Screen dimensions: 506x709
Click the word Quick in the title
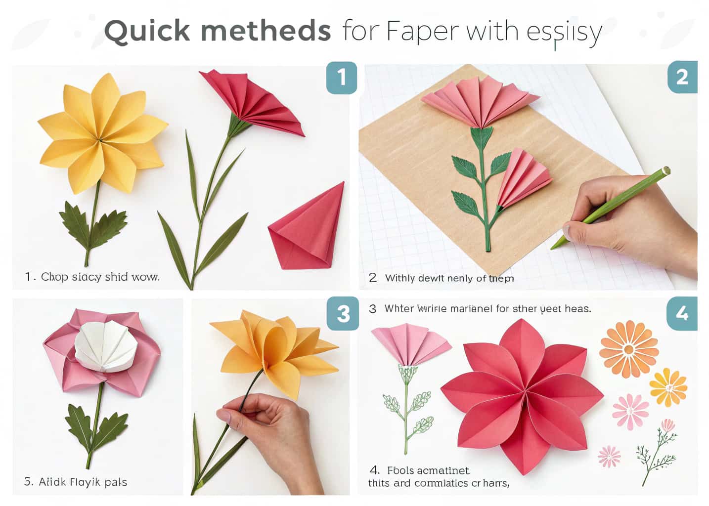point(147,31)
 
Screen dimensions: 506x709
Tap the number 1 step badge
point(342,78)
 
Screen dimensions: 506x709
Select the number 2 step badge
point(682,77)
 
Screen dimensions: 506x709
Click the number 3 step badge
point(343,314)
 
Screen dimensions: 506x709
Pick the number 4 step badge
point(682,314)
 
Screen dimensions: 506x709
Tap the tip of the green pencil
point(555,245)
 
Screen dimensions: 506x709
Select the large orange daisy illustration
point(628,349)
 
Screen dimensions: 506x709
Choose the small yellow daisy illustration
point(667,387)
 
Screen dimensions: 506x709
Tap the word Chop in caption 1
point(54,277)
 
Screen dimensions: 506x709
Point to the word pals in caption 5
point(116,482)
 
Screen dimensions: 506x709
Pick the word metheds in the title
point(266,31)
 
